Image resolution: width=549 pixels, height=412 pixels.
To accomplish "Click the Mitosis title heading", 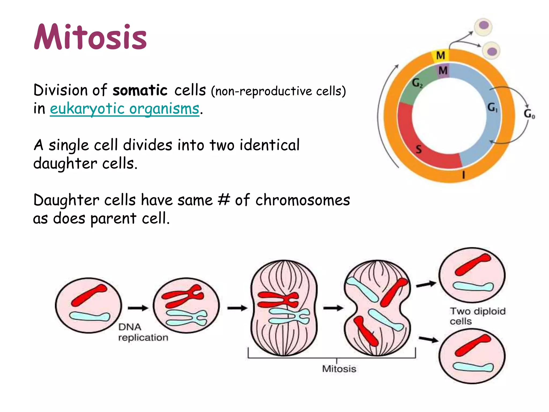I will [x=90, y=37].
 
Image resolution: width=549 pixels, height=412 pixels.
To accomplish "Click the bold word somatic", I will [x=140, y=90].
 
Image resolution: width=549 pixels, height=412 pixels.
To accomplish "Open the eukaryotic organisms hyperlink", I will [x=124, y=109].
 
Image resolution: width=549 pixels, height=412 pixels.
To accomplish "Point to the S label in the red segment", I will [x=419, y=149].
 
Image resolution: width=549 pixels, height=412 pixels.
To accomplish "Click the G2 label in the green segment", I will [x=417, y=83].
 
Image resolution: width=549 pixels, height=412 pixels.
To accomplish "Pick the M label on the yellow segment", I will [x=440, y=56].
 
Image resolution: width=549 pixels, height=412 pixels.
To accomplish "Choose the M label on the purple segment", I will [x=443, y=71].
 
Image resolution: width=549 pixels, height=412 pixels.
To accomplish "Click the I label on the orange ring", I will [x=463, y=175].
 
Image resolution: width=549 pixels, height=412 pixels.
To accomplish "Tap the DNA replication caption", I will [x=143, y=332].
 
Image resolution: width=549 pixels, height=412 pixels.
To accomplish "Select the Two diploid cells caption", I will [x=477, y=316].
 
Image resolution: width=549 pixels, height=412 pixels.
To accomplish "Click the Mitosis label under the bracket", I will [x=339, y=369].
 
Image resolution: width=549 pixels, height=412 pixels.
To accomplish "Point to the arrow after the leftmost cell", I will [x=138, y=308].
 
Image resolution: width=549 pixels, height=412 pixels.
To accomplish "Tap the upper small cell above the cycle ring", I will [x=483, y=26].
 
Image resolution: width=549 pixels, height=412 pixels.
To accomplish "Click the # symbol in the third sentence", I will [x=224, y=200].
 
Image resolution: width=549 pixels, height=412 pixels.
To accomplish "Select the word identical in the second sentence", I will [x=269, y=145].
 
